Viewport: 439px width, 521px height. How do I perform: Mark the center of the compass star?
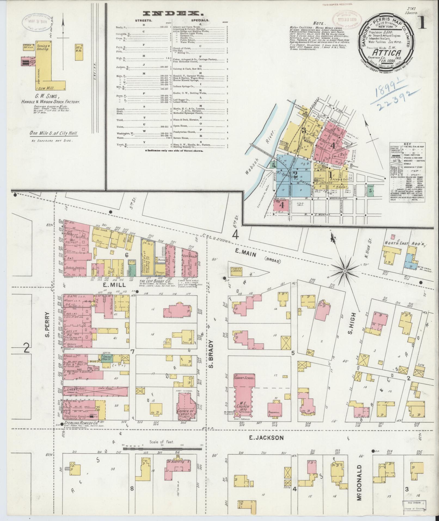[344, 270]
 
